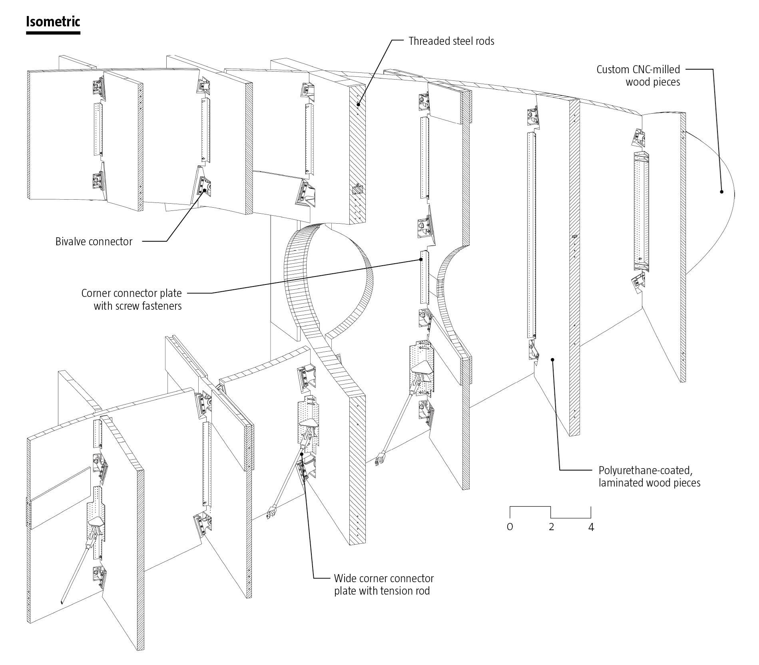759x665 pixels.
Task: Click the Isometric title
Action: coord(53,22)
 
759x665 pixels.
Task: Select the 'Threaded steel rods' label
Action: coord(451,41)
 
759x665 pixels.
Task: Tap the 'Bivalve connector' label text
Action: coord(94,242)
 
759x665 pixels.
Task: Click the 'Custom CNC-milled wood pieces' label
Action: coord(638,76)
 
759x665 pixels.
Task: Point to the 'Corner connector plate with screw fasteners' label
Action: coord(131,299)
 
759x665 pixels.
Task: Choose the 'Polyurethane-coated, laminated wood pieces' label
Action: coord(649,476)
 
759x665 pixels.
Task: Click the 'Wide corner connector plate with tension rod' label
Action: coord(384,585)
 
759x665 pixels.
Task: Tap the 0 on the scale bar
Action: coord(510,527)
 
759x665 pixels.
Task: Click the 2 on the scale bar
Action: coord(552,527)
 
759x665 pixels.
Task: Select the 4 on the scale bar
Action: coord(591,527)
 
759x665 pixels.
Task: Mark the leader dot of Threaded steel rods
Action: coord(358,105)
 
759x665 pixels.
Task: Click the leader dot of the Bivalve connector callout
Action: coord(205,191)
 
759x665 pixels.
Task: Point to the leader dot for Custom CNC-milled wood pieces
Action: coord(722,192)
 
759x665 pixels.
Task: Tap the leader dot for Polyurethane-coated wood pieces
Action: coord(553,359)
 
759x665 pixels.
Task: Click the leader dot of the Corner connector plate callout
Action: coord(421,259)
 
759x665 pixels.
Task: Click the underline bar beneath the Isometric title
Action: coord(53,33)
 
